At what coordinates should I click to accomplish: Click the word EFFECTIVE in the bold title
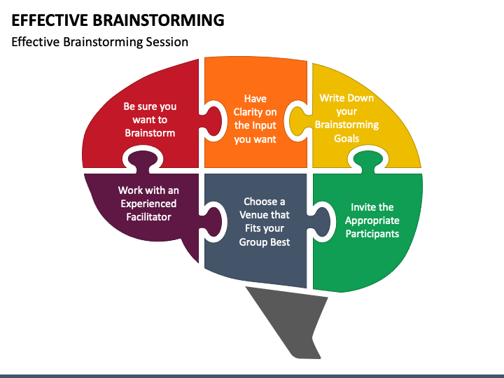(x=50, y=20)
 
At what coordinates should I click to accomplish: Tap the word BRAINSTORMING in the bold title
(x=159, y=20)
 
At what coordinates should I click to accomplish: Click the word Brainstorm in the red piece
(x=150, y=133)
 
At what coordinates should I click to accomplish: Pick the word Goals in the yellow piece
(x=346, y=139)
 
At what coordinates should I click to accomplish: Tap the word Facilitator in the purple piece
(x=148, y=217)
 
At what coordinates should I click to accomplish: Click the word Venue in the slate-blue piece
(x=253, y=215)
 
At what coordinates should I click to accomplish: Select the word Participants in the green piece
(x=372, y=234)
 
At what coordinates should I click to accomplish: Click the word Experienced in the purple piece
(x=148, y=204)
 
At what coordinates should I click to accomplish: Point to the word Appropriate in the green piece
(x=372, y=220)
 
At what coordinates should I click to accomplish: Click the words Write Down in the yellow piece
(x=346, y=98)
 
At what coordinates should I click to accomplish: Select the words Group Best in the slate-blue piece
(x=265, y=241)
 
